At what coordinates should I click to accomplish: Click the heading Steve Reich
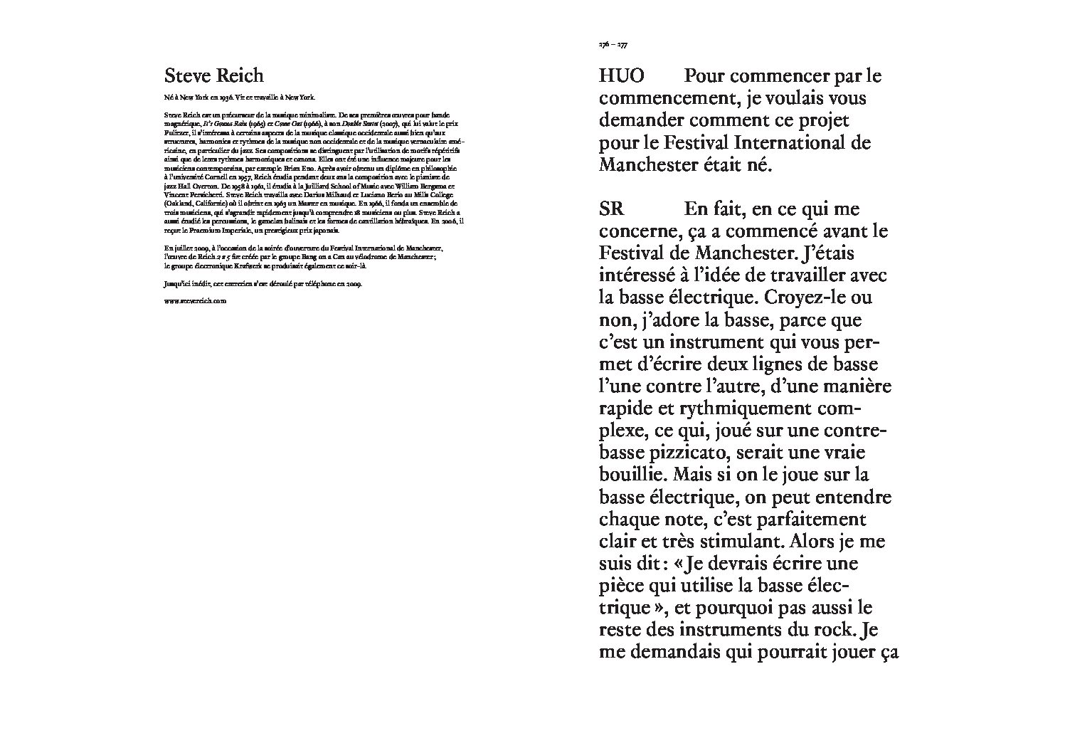point(213,75)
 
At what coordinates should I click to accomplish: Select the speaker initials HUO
point(622,75)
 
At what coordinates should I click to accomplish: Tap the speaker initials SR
point(611,209)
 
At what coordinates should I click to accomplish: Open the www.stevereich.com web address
point(194,300)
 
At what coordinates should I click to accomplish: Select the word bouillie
point(630,475)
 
